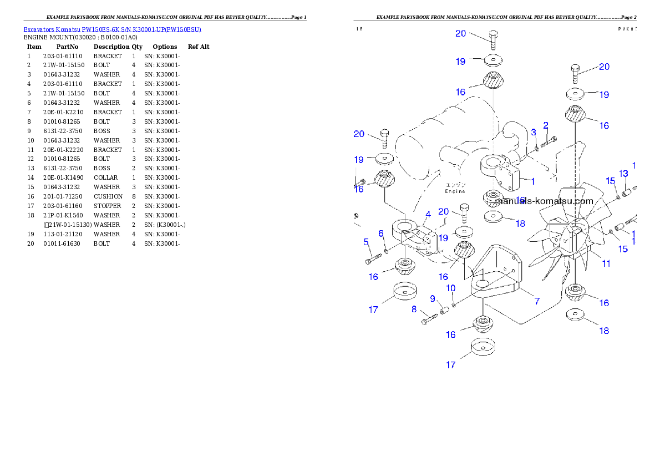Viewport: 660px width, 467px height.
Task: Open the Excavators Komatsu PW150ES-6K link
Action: coord(112,29)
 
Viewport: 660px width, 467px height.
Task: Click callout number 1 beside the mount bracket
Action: coord(532,181)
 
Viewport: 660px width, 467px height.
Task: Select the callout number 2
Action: coord(545,125)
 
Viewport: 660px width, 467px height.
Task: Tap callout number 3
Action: coord(534,133)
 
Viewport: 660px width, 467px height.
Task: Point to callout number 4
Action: coord(428,214)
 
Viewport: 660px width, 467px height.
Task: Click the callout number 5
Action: coord(366,242)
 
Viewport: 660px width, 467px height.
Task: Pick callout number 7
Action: coord(536,301)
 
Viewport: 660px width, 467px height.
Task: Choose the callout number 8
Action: coord(414,309)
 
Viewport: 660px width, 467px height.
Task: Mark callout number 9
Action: coord(433,298)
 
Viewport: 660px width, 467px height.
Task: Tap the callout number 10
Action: coord(450,288)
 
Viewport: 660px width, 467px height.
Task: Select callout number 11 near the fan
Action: coord(606,263)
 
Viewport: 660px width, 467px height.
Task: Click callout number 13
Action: coord(623,174)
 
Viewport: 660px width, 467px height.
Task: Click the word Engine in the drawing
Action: coord(455,191)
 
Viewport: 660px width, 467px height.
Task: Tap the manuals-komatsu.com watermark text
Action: coord(544,201)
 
